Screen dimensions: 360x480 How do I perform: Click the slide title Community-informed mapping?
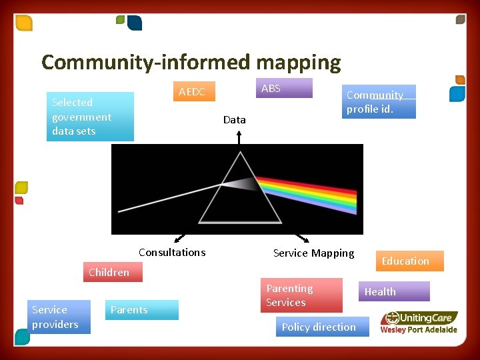point(191,63)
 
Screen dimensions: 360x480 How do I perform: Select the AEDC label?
point(192,92)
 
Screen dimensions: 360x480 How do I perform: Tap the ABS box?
point(283,88)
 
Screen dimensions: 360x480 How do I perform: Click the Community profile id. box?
point(379,102)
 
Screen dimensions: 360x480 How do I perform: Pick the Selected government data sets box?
point(89,117)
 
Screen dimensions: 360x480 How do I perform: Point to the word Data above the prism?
point(235,120)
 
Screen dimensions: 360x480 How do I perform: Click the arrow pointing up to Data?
point(239,137)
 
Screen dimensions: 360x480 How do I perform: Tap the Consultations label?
point(172,252)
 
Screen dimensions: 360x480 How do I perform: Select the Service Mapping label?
point(314,253)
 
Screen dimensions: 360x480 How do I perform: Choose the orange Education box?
point(405,261)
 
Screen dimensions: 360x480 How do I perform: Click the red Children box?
point(109,272)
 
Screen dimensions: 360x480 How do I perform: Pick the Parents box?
point(142,310)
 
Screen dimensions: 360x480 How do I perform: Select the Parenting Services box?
point(301,295)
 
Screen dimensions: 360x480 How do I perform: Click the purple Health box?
point(393,291)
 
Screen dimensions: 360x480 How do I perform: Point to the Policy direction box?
point(321,327)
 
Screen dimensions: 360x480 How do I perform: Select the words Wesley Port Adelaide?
point(419,329)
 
